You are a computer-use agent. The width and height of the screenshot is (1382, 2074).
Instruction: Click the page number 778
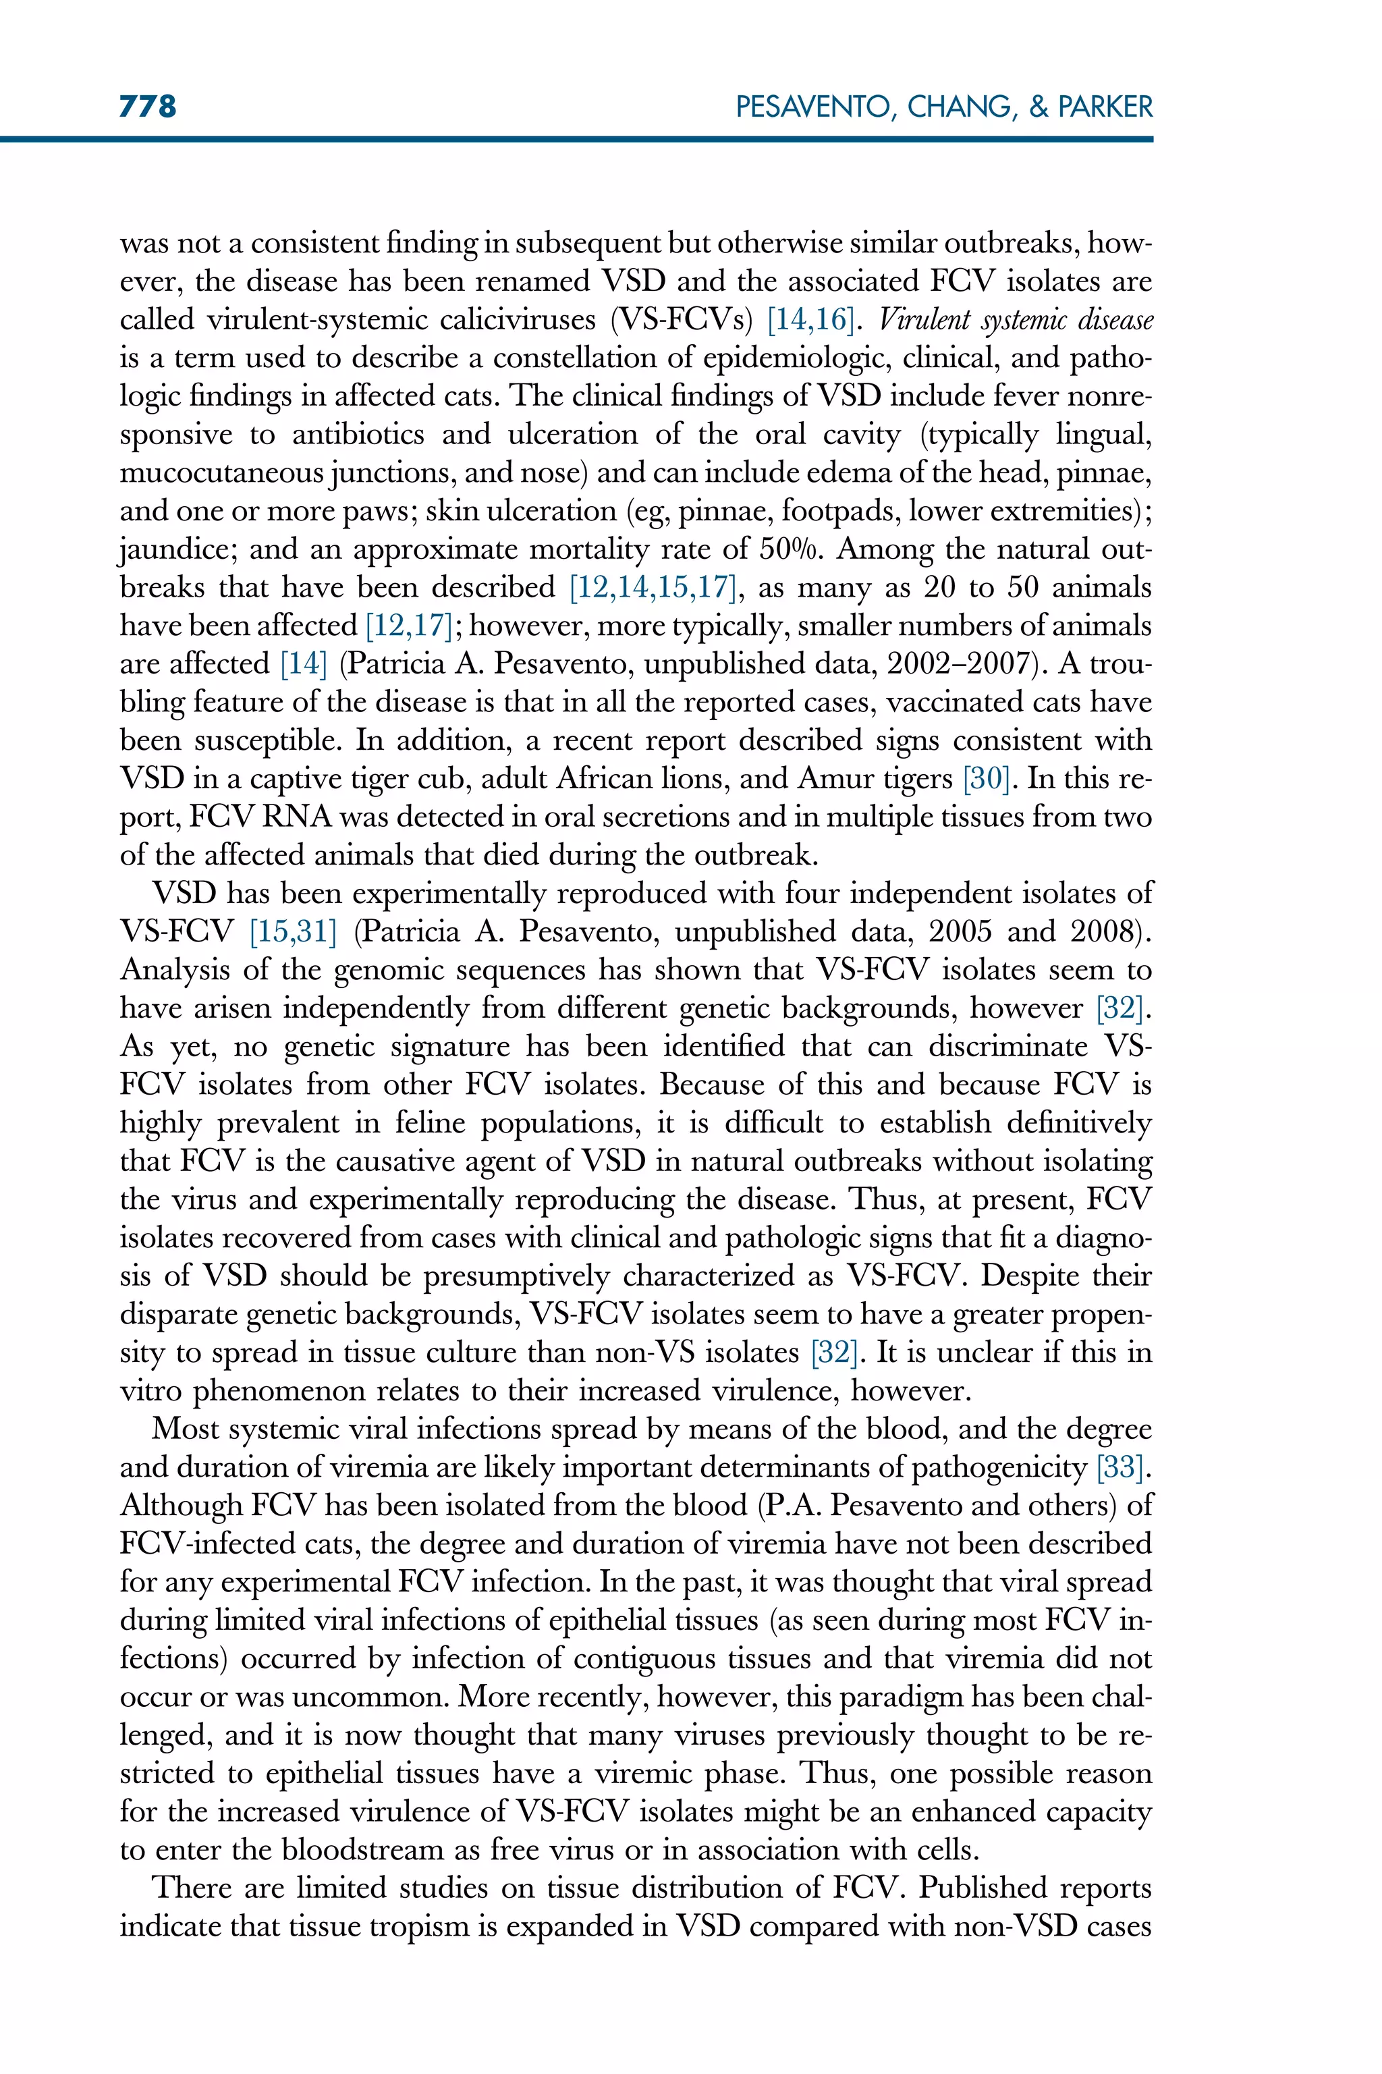click(148, 107)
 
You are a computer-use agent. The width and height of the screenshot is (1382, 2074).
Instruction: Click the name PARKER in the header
click(1105, 107)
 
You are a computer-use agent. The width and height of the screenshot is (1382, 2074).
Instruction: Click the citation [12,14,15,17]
click(653, 588)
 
